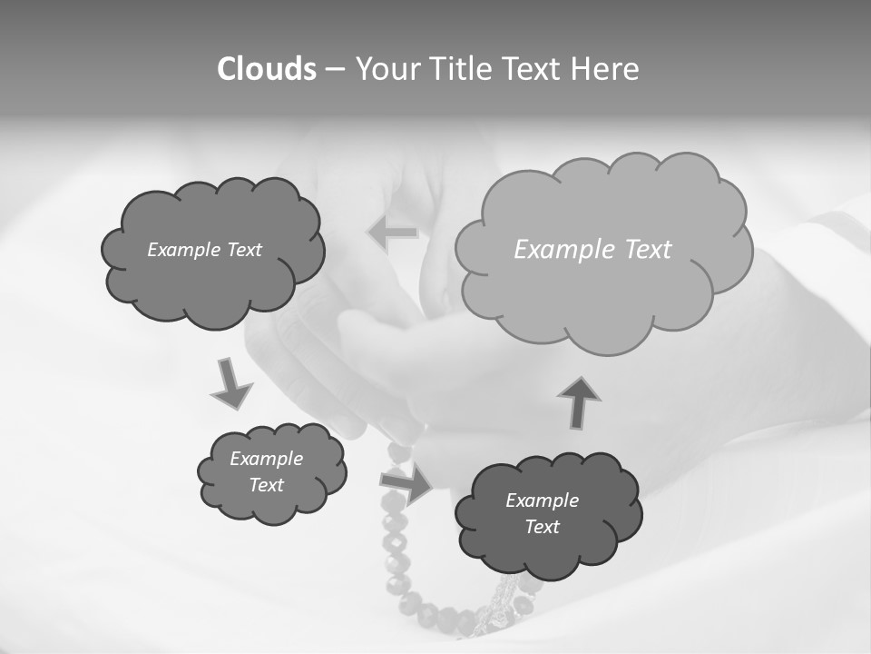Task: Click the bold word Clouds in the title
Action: click(x=266, y=69)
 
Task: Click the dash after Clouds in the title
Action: click(x=334, y=69)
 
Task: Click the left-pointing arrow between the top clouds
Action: click(x=393, y=233)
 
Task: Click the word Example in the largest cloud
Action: click(x=556, y=250)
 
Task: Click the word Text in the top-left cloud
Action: click(x=244, y=250)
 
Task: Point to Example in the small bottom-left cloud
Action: click(x=266, y=459)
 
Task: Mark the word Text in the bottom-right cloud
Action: click(x=542, y=527)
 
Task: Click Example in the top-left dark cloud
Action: click(x=184, y=250)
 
